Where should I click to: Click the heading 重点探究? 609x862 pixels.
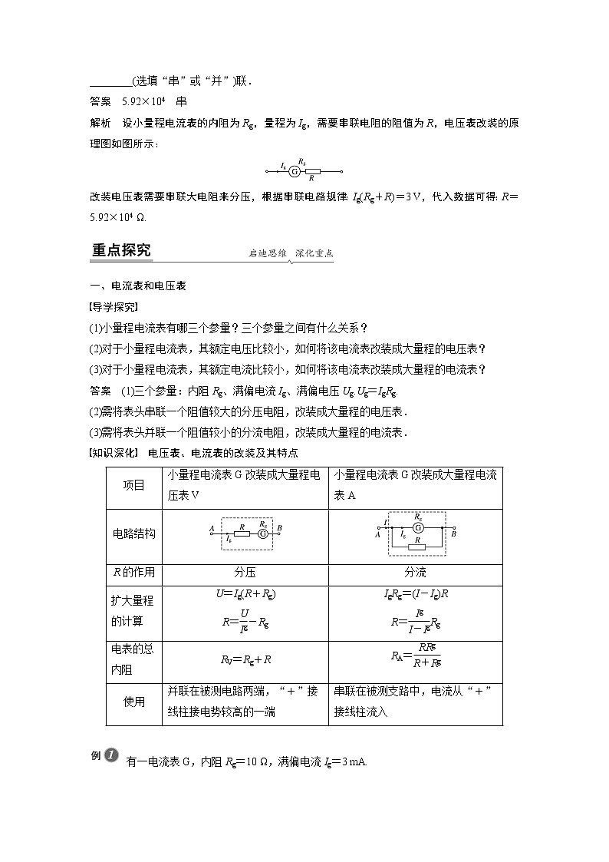(x=121, y=251)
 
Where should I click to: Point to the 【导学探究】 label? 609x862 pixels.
(x=114, y=307)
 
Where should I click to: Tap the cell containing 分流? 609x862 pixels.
(x=416, y=573)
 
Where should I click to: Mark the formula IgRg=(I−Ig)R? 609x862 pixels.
(x=416, y=594)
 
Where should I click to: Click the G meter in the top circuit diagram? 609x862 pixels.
(x=295, y=172)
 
